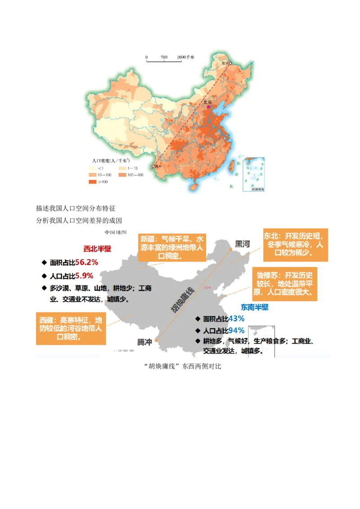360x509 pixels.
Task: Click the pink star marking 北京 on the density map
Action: (x=208, y=107)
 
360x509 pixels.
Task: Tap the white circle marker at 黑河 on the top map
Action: (x=230, y=64)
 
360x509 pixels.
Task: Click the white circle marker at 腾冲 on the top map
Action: (x=153, y=166)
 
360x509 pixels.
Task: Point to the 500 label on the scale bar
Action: (x=164, y=58)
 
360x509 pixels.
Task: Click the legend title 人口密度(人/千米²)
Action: (x=111, y=160)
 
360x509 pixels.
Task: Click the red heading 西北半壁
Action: (x=97, y=249)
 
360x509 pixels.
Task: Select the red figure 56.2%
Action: (x=86, y=262)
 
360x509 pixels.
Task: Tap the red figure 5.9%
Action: (x=84, y=276)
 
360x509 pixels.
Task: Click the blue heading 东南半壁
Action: (x=254, y=307)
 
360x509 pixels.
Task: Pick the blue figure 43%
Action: (x=236, y=318)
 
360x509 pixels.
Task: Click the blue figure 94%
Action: (x=236, y=331)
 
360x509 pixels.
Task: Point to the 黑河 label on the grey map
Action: (x=239, y=244)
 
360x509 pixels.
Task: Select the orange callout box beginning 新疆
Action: (x=171, y=247)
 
